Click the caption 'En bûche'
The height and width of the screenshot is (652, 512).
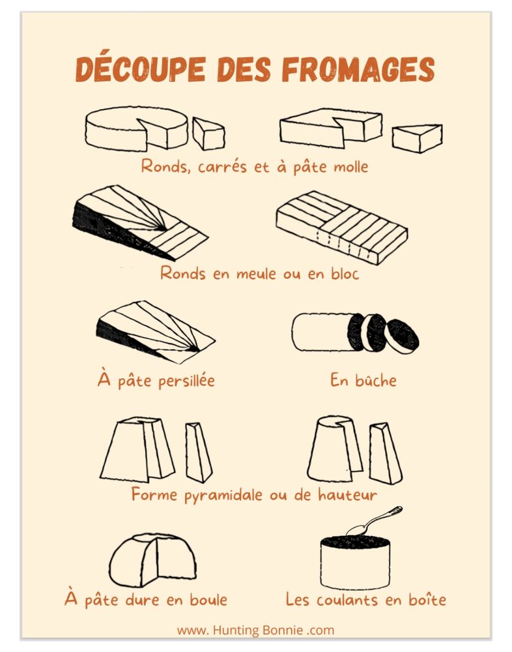tap(363, 379)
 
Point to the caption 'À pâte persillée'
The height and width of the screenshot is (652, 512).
tap(156, 379)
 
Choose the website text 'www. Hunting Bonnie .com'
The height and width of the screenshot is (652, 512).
tap(255, 630)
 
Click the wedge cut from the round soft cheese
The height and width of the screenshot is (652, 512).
tap(208, 134)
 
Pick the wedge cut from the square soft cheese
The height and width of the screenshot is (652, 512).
tap(416, 138)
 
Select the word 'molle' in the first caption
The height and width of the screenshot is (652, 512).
tap(351, 166)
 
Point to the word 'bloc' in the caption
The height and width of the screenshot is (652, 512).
tap(343, 273)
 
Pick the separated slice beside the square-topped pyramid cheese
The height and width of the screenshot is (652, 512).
tap(197, 452)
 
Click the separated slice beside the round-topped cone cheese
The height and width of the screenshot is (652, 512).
tap(385, 452)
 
